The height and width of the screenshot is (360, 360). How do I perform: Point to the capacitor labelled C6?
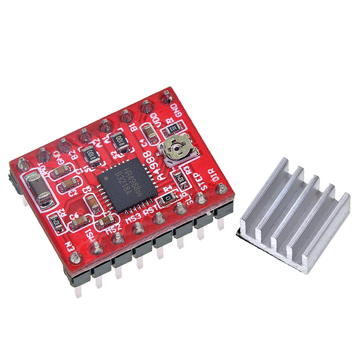coord(75,212)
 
